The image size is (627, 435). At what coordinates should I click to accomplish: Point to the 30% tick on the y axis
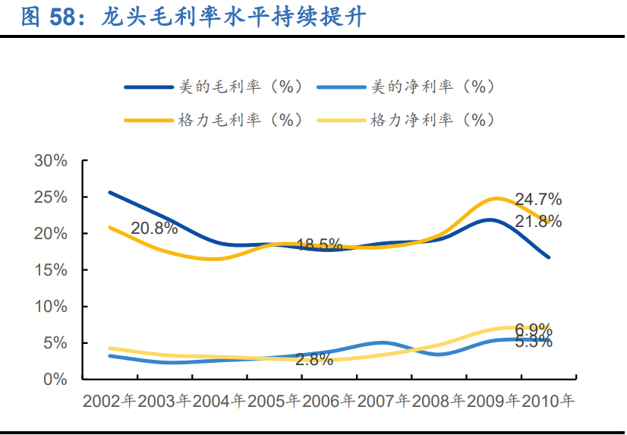pyautogui.click(x=51, y=161)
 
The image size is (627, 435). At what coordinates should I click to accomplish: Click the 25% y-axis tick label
pyautogui.click(x=51, y=197)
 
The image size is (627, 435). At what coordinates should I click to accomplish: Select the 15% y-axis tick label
pyautogui.click(x=51, y=270)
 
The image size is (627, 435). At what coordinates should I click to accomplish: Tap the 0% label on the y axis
pyautogui.click(x=56, y=379)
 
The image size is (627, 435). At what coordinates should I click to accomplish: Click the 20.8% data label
pyautogui.click(x=154, y=228)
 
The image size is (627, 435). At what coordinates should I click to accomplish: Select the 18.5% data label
pyautogui.click(x=319, y=245)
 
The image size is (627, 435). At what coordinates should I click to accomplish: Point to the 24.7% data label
pyautogui.click(x=538, y=200)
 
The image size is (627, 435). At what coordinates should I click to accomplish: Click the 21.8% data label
pyautogui.click(x=538, y=222)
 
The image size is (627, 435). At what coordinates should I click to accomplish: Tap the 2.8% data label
pyautogui.click(x=314, y=360)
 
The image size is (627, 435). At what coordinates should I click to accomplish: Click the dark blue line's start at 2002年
pyautogui.click(x=110, y=192)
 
